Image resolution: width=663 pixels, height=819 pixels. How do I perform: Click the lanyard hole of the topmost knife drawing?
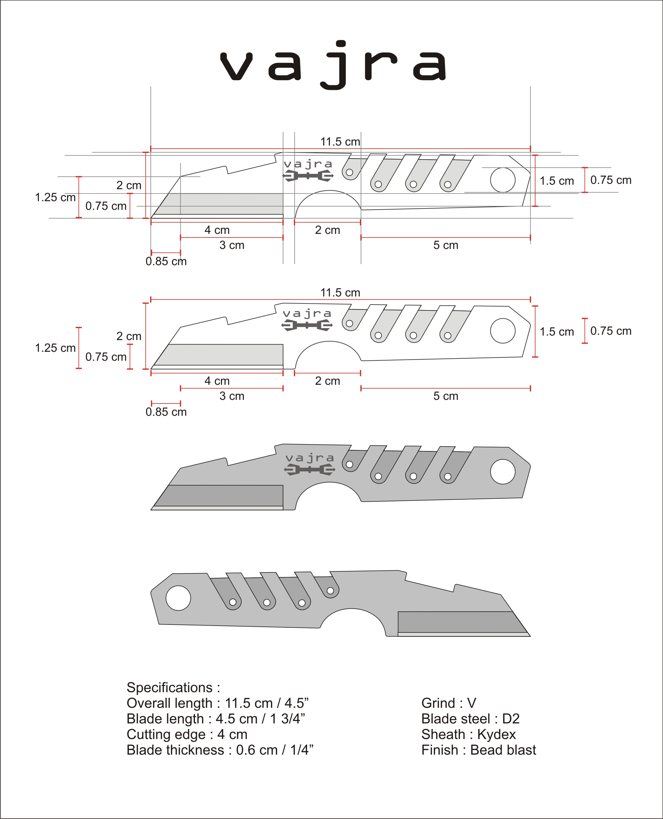pos(502,180)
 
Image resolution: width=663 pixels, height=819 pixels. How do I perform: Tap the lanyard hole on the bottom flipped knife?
pos(178,598)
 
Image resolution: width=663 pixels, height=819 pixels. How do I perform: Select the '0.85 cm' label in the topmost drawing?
pos(166,262)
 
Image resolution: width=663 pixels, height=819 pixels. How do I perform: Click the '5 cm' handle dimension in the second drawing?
pos(445,396)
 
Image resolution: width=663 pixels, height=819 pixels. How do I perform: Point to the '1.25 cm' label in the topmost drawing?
pos(55,197)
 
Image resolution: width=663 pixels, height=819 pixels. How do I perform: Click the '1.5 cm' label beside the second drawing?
pos(556,332)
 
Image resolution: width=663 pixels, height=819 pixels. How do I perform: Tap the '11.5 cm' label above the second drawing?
pos(340,293)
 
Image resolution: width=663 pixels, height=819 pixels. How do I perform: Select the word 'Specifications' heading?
pos(169,687)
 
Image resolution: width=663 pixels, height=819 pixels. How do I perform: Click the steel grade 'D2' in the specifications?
pos(511,719)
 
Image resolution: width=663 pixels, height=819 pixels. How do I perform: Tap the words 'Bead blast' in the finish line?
pos(503,750)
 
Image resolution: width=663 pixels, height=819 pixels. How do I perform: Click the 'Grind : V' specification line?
pos(448,703)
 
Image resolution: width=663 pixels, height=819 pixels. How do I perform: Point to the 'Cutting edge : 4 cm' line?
pos(187,734)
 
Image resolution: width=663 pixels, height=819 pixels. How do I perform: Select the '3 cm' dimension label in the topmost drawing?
pos(232,245)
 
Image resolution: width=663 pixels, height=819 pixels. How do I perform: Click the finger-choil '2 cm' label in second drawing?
pos(327,381)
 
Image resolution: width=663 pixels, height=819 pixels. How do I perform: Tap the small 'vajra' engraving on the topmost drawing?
pos(308,164)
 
